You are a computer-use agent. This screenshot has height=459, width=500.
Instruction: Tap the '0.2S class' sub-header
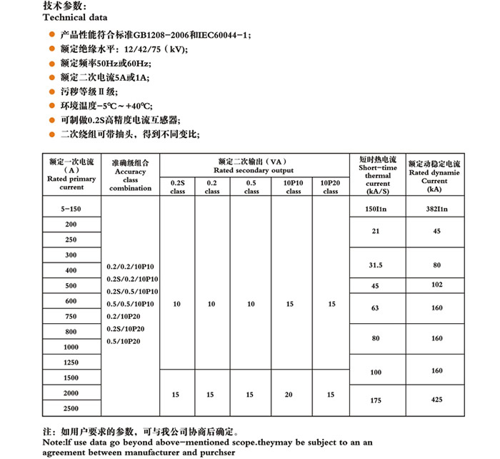[177, 187]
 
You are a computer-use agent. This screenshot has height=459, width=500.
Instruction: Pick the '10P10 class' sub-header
[294, 187]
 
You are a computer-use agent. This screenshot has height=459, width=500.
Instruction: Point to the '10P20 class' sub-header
[331, 187]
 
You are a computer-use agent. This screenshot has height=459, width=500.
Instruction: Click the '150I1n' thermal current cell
[376, 208]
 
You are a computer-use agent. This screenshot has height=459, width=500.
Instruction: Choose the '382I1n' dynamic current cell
[436, 208]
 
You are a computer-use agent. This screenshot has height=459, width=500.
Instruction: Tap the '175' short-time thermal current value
[376, 400]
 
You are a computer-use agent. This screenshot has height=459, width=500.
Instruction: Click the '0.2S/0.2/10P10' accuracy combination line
[132, 278]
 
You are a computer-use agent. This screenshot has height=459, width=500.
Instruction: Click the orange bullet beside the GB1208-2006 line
[51, 35]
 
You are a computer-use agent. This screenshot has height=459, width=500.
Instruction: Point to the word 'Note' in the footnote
[54, 442]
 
